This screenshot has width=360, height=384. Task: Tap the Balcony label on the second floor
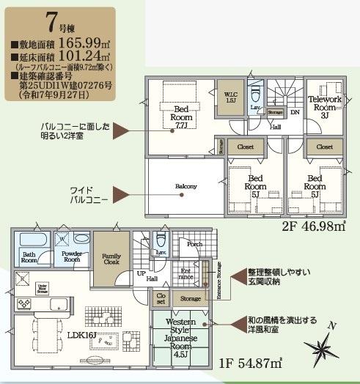click(186, 186)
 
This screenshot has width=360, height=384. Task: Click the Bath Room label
click(29, 257)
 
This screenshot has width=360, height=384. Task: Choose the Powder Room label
click(70, 257)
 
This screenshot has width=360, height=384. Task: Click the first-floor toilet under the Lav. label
click(163, 240)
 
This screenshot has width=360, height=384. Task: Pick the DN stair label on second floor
click(295, 112)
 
